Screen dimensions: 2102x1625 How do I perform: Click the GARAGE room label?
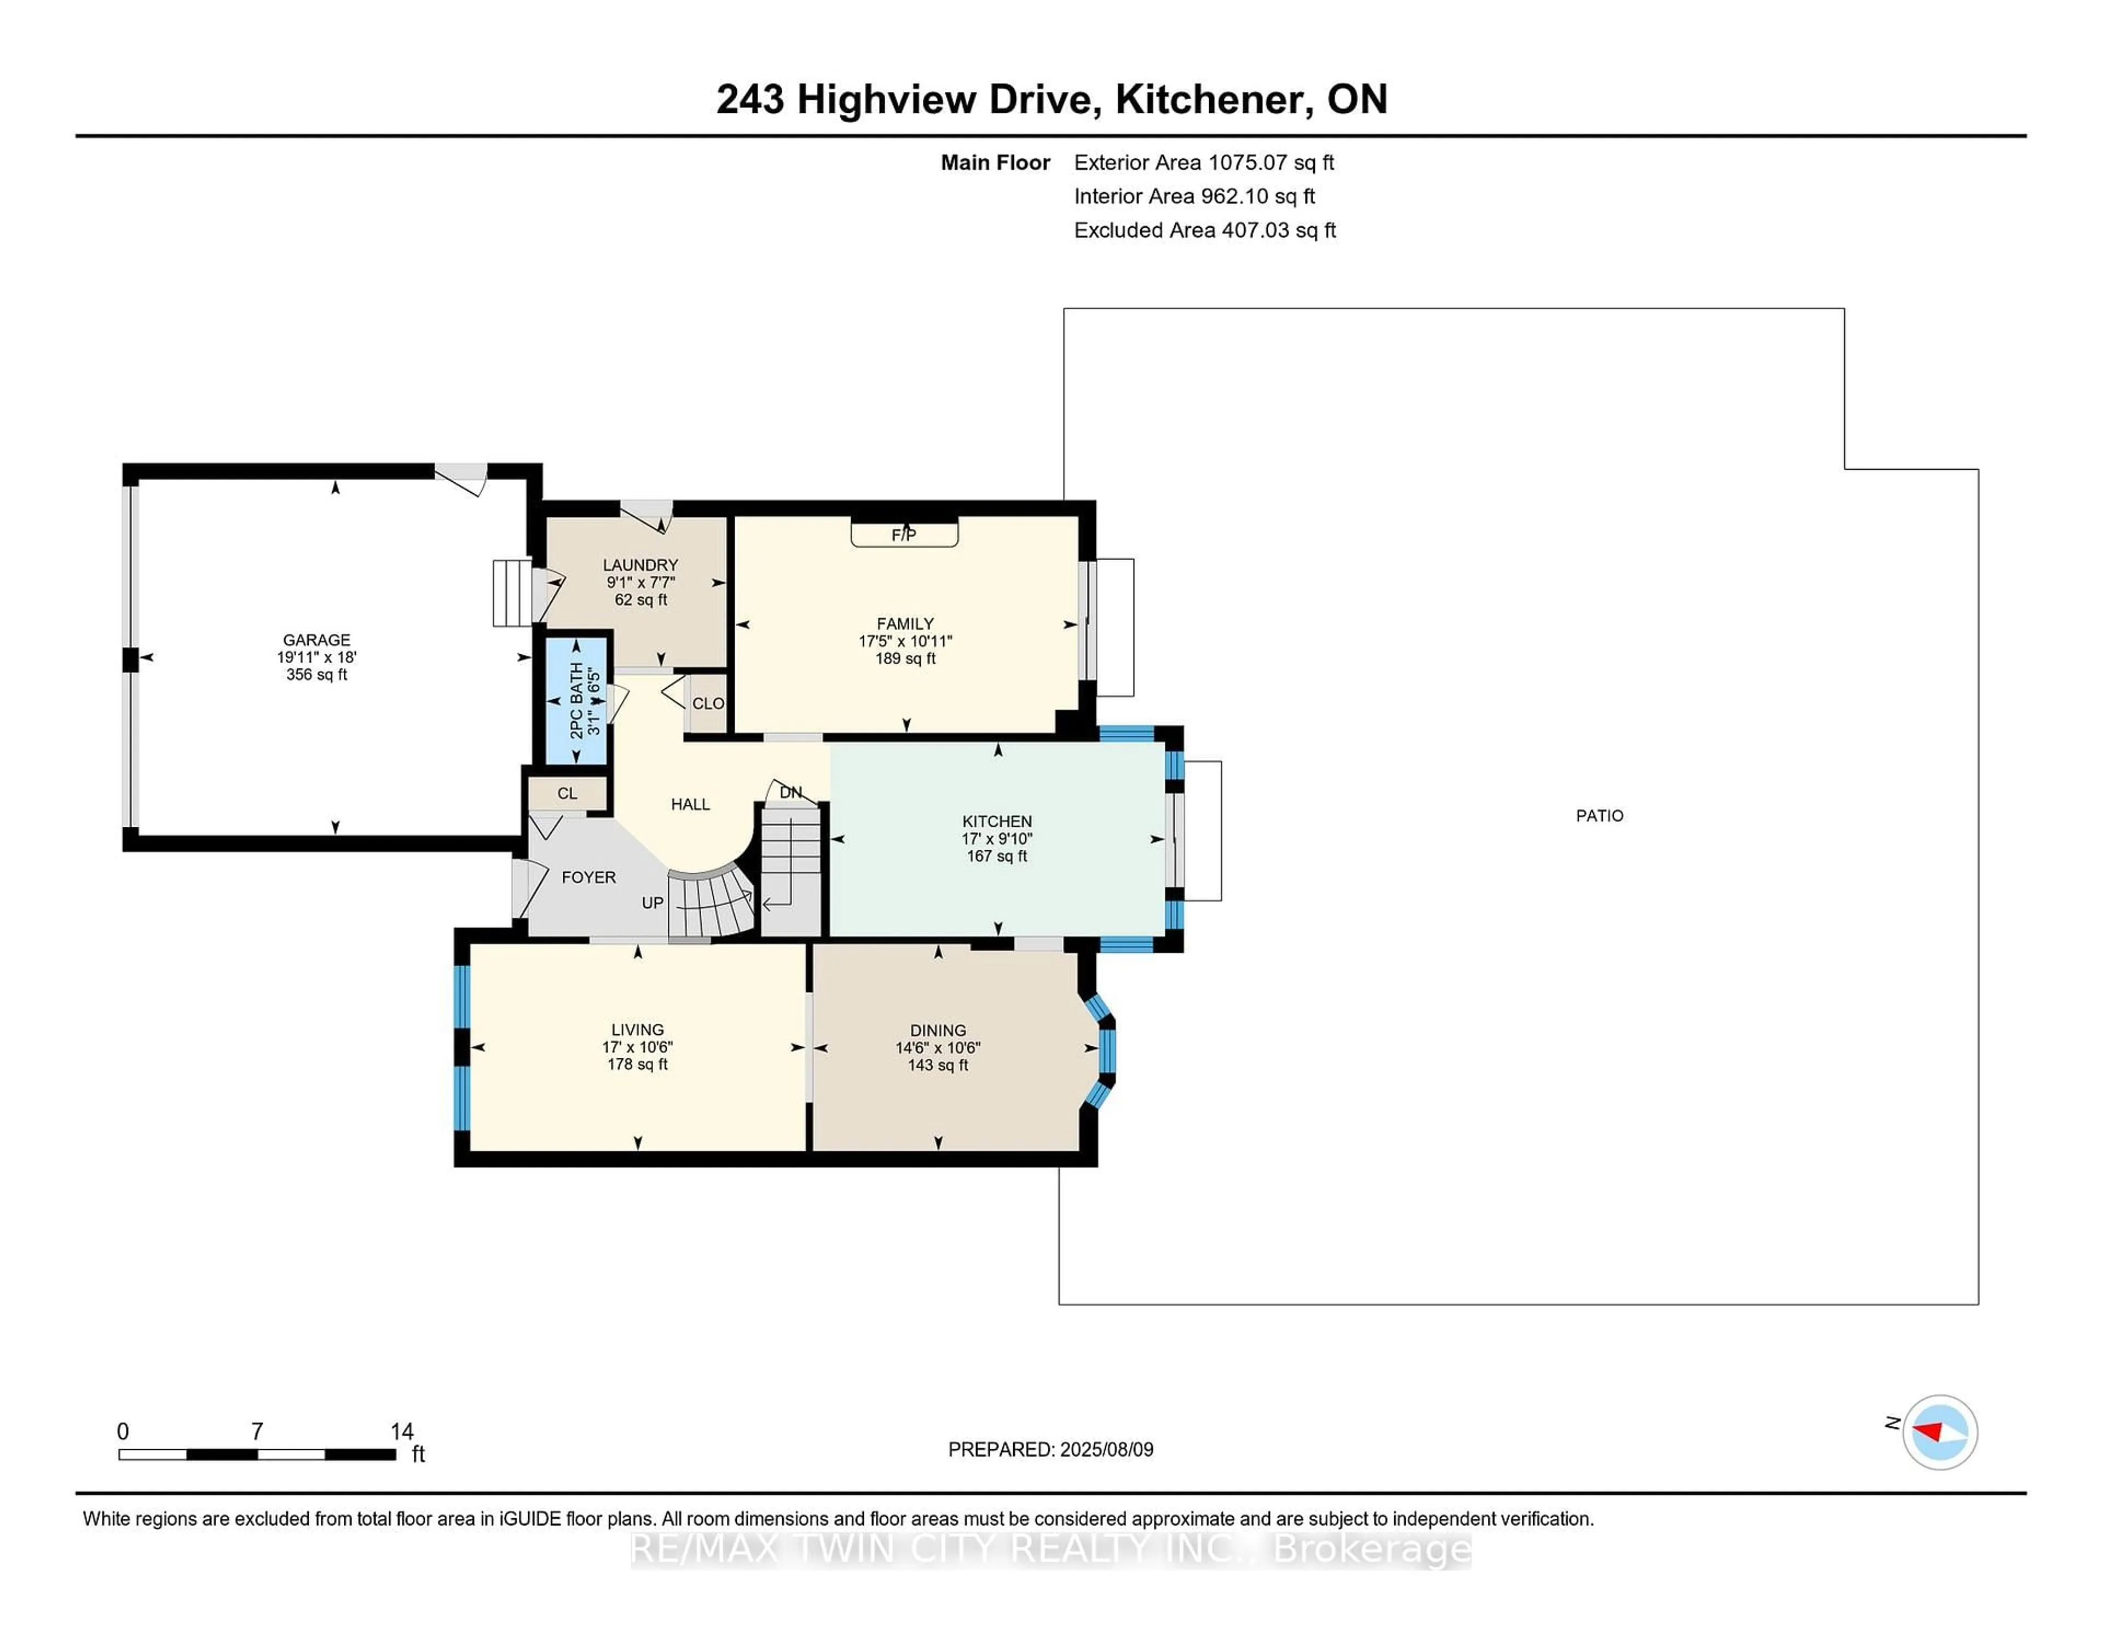pos(316,640)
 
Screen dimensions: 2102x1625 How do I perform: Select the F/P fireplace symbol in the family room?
pos(904,533)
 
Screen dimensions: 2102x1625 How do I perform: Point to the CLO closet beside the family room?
pos(707,704)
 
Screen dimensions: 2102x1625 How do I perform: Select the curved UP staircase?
pos(711,903)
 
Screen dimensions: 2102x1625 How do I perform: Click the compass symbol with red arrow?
pos(1939,1432)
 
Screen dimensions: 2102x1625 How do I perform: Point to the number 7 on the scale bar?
pos(257,1432)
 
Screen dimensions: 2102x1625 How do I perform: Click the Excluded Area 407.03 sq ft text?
pos(1205,230)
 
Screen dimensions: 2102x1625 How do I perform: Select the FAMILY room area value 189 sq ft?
pos(905,659)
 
